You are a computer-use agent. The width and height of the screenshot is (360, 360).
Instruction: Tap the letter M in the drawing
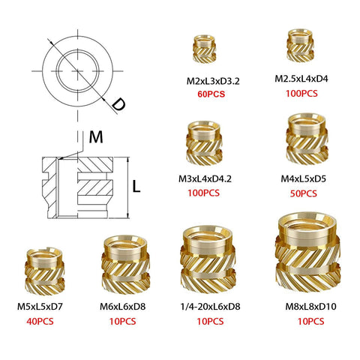click(94, 137)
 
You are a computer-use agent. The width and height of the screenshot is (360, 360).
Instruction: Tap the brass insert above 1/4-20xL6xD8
click(204, 261)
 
